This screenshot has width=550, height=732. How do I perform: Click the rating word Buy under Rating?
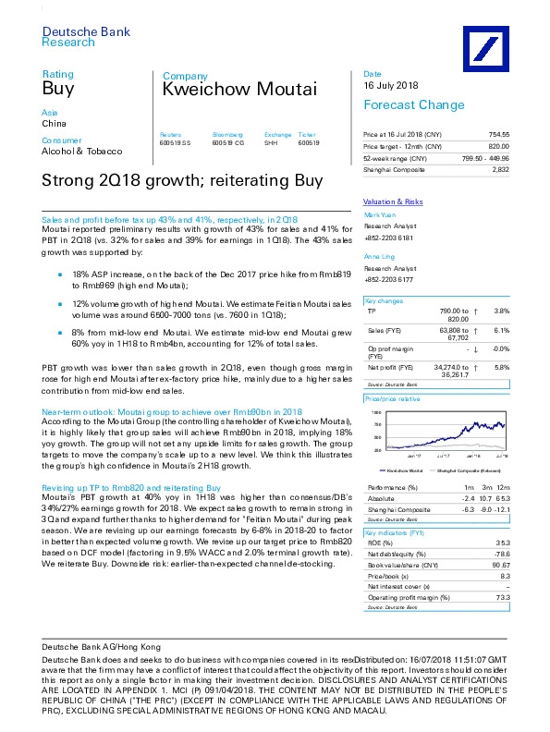pos(57,90)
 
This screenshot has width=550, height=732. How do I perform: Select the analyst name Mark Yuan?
pos(381,213)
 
